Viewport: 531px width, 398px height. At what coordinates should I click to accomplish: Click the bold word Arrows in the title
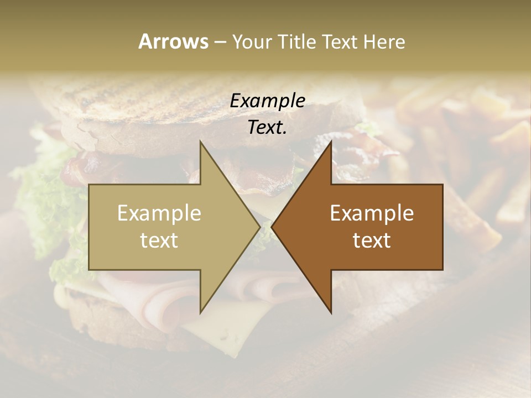(x=173, y=41)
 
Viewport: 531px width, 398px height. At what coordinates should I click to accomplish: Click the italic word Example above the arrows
(x=268, y=101)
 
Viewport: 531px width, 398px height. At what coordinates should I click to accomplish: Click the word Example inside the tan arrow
(x=159, y=213)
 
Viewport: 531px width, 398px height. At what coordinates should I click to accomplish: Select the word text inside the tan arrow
(x=159, y=240)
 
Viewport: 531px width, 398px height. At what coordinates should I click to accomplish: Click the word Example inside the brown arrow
(x=372, y=213)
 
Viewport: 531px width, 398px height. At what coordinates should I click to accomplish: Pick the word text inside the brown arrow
(x=372, y=240)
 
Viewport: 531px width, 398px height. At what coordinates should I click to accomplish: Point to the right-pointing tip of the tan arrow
(x=260, y=227)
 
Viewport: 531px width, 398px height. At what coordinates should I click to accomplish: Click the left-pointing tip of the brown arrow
(x=272, y=227)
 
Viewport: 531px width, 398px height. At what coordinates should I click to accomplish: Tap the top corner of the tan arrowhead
(x=200, y=142)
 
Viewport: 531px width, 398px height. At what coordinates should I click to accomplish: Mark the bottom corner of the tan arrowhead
(x=200, y=313)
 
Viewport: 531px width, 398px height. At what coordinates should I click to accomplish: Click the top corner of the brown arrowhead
(x=331, y=142)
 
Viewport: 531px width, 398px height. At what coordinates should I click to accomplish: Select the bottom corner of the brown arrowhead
(x=331, y=313)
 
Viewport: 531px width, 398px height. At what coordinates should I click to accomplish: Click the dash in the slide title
(x=220, y=42)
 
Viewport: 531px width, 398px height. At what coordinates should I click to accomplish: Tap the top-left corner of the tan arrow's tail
(x=89, y=185)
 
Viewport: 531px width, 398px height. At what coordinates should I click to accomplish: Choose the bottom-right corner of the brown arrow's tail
(x=442, y=270)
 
